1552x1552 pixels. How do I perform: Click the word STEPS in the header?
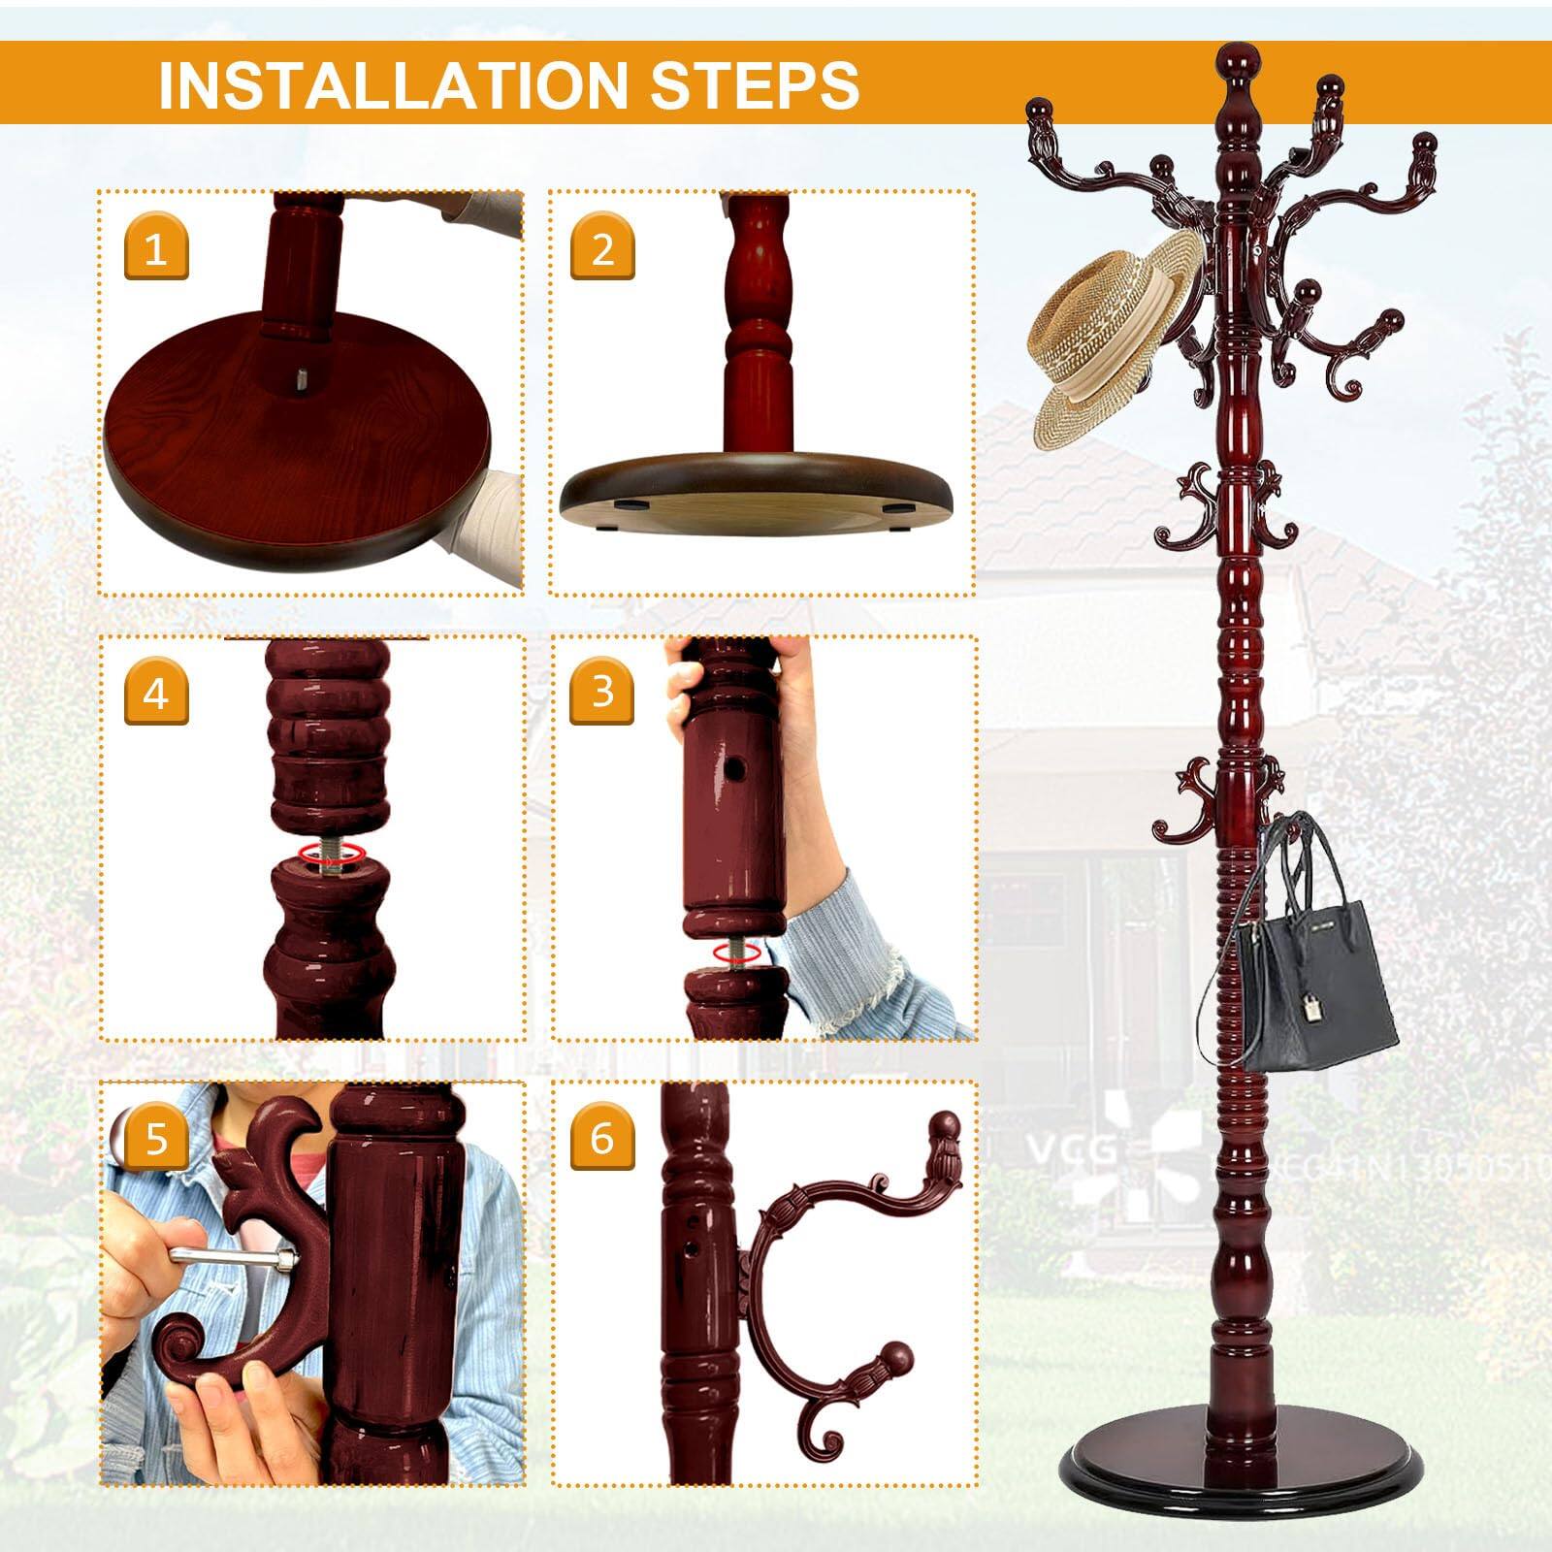tap(754, 84)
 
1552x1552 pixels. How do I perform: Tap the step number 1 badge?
tap(156, 249)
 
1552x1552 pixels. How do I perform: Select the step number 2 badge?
tap(602, 249)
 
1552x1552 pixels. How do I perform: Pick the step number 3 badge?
tap(602, 692)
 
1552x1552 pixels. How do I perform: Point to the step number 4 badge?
tap(156, 694)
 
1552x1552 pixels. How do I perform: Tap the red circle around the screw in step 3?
tap(735, 954)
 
